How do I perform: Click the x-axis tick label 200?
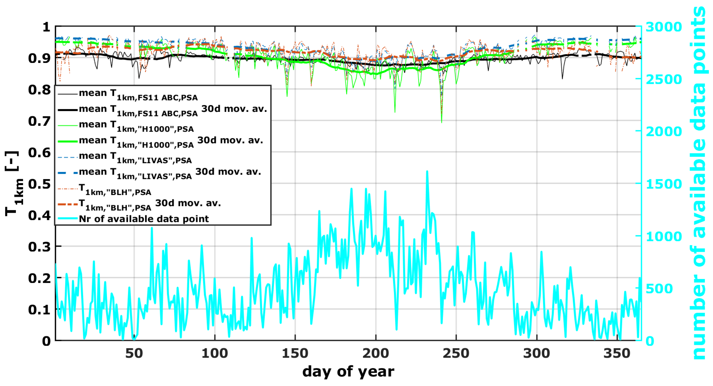point(375,354)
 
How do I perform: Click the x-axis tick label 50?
point(134,354)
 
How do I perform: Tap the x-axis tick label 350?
point(617,354)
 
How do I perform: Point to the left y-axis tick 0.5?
point(39,184)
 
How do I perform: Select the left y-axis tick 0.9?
point(39,59)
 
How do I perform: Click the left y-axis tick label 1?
point(46,27)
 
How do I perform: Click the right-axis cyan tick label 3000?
point(664,27)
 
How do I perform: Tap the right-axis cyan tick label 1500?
point(664,184)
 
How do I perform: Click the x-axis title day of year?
point(348,372)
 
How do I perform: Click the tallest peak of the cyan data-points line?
point(427,172)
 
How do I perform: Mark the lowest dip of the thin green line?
point(441,122)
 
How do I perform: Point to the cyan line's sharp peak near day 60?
point(152,228)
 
